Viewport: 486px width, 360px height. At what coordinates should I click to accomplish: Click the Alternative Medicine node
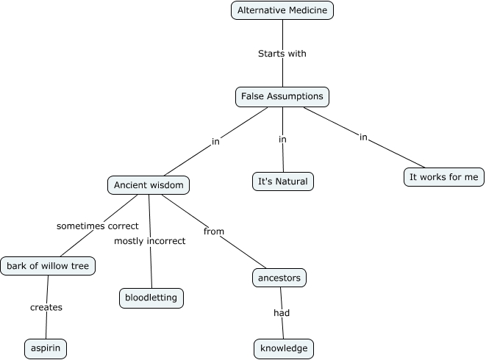tap(282, 10)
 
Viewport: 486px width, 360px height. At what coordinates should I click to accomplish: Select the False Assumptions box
tap(282, 96)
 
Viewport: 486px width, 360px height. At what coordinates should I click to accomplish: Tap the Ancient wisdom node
tap(149, 185)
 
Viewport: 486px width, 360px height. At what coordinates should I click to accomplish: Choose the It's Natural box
tap(282, 181)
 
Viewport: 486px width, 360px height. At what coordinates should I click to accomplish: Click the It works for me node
tap(443, 177)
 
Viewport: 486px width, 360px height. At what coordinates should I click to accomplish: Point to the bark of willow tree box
tap(48, 266)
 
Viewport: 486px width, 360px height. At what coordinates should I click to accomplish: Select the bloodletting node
tap(151, 298)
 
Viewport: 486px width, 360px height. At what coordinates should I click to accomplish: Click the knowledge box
tap(283, 348)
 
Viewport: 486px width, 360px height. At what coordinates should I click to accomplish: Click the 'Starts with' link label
tap(282, 54)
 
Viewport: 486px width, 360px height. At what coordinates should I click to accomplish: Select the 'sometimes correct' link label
tap(98, 226)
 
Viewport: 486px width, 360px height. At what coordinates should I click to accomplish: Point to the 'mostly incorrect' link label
tap(150, 241)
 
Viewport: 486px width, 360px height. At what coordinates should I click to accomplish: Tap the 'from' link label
tap(214, 231)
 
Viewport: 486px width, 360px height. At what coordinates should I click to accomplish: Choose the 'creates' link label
tap(46, 307)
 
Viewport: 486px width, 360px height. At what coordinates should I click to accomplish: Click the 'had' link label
tap(282, 313)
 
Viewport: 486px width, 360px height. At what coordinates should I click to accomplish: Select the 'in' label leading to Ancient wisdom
tap(215, 141)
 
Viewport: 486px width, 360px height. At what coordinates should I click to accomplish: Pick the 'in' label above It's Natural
tap(282, 139)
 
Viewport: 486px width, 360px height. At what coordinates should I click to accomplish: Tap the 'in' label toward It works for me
tap(363, 137)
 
